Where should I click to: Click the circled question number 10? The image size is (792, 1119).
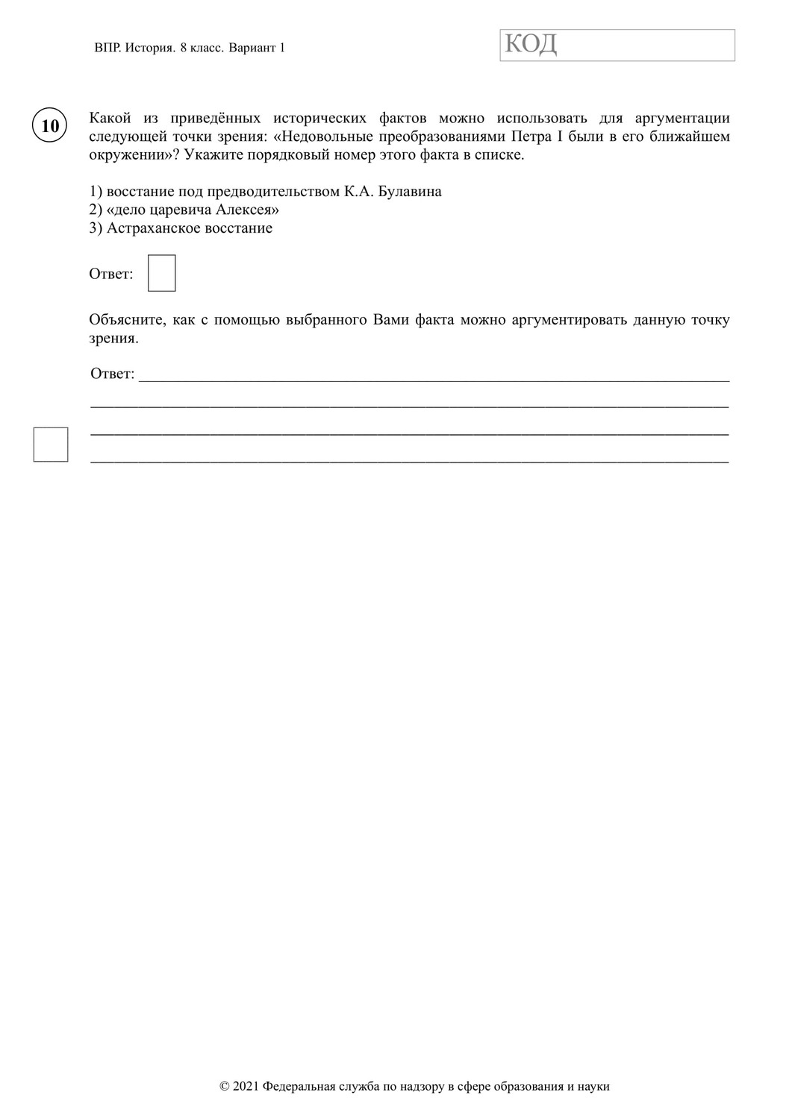pos(50,125)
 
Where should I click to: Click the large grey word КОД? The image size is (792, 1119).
pos(531,45)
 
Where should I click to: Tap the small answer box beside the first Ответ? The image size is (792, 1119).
pos(162,273)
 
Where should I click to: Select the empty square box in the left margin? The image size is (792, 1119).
pos(51,445)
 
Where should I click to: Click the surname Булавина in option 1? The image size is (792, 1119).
pos(410,192)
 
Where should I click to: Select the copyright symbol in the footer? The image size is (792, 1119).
pos(225,1086)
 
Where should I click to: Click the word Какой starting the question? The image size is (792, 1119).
pos(110,118)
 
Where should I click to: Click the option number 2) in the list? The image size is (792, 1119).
pos(96,210)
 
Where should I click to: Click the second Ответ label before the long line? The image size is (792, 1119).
pos(112,374)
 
